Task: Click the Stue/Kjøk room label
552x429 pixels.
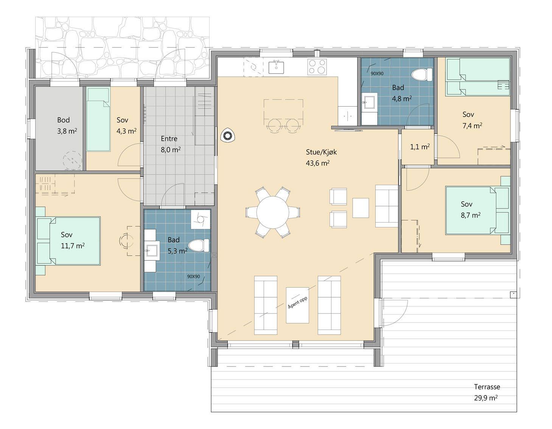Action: (x=321, y=152)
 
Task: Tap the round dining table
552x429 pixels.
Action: (x=272, y=212)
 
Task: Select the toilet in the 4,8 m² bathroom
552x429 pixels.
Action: (x=422, y=75)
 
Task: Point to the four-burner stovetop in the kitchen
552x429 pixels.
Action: (x=317, y=67)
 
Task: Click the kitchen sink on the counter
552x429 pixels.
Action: (x=276, y=67)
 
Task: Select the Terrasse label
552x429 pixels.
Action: (x=487, y=387)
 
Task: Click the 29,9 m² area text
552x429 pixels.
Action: (x=486, y=398)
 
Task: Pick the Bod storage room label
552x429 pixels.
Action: (x=63, y=120)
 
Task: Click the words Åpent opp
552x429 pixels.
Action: (x=297, y=303)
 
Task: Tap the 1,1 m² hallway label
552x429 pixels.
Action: (x=420, y=147)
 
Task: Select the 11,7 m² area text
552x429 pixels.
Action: (x=73, y=246)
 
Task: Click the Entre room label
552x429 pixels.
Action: (x=169, y=139)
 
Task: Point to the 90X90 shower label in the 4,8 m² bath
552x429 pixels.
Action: (x=377, y=74)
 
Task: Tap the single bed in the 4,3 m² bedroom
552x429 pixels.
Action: (x=98, y=119)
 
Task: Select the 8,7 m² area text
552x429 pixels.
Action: (x=470, y=215)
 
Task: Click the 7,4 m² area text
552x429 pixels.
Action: (x=472, y=126)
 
